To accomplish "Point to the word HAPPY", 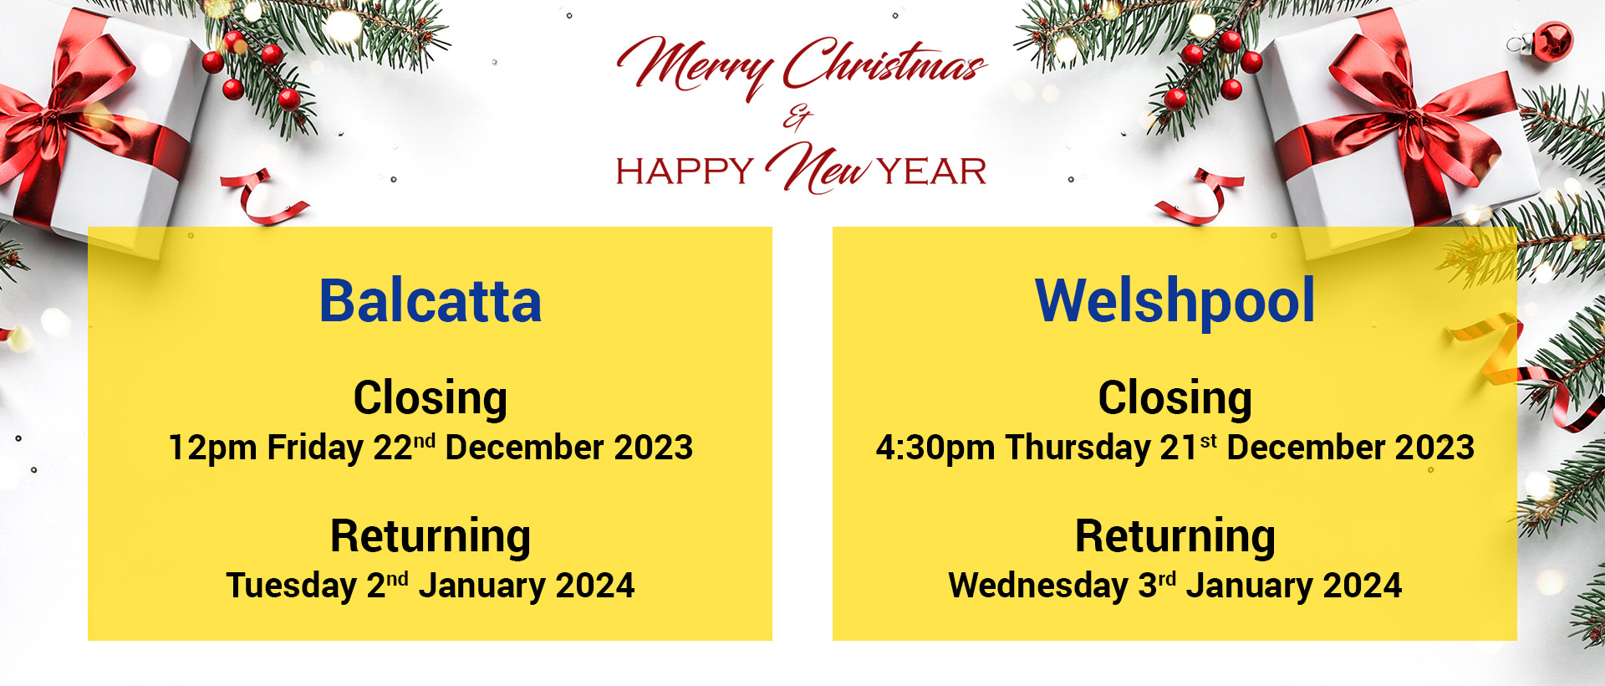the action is coord(685,171).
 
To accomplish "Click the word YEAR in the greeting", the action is coord(932,171).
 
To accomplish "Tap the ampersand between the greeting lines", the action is coord(797,118).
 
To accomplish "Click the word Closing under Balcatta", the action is coord(431,398).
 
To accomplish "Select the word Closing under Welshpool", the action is coord(1174,398).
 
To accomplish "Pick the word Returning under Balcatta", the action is coord(431,537).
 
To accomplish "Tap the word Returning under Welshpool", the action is coord(1174,537).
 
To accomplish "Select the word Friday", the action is coord(315,448).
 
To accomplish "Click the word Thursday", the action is coord(1078,448).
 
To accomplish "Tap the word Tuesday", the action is coord(292,586).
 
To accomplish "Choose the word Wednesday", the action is coord(1038,586).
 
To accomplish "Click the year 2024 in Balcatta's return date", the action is coord(595,586).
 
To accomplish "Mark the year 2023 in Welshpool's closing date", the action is coord(1434,448).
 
